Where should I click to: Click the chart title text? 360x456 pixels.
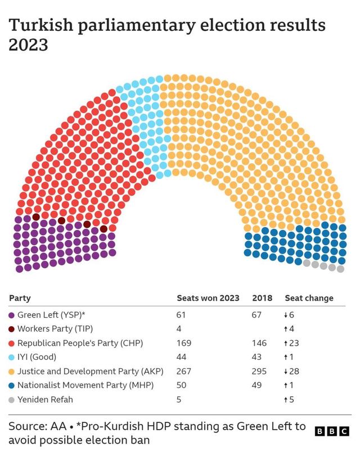tap(166, 35)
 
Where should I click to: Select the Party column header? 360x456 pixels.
tap(20, 298)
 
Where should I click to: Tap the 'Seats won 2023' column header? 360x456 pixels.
tap(208, 298)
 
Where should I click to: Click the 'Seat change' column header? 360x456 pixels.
tap(309, 298)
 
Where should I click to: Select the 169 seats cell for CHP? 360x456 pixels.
tap(184, 343)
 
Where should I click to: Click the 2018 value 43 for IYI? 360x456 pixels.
tap(256, 357)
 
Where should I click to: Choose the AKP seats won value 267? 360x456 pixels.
tap(184, 371)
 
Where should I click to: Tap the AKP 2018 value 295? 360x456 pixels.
tap(258, 371)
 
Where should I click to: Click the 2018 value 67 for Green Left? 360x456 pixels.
tap(256, 315)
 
